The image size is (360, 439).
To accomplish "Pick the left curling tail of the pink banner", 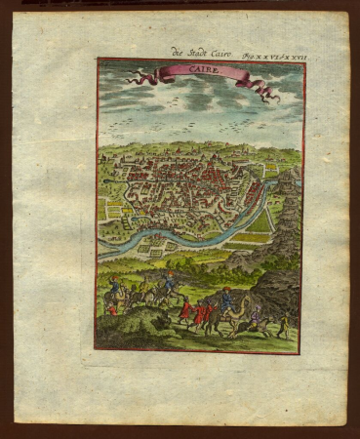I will click(x=138, y=75).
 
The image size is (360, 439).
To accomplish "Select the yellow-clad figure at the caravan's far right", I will click(x=283, y=322).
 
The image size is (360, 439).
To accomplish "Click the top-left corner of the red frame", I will click(x=97, y=60).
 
